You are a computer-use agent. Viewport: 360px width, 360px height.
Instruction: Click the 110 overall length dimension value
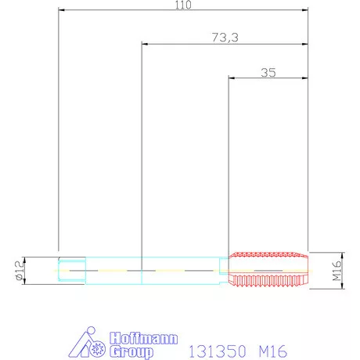(183, 5)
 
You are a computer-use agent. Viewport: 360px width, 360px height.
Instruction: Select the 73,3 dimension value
(225, 38)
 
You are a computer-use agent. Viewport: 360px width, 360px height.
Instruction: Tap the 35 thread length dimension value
(268, 73)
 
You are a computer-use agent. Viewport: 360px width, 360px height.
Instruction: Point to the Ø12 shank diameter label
(20, 271)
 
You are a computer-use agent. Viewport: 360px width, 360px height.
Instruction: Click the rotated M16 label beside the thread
(337, 271)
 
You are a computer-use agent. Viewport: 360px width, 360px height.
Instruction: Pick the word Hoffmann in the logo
(144, 338)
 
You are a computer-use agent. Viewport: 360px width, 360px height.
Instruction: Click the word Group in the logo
(131, 351)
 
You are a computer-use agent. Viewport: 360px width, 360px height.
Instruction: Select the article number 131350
(218, 351)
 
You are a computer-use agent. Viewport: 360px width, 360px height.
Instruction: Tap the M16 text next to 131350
(273, 351)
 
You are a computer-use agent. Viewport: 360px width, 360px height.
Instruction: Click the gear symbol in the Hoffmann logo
(98, 349)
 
